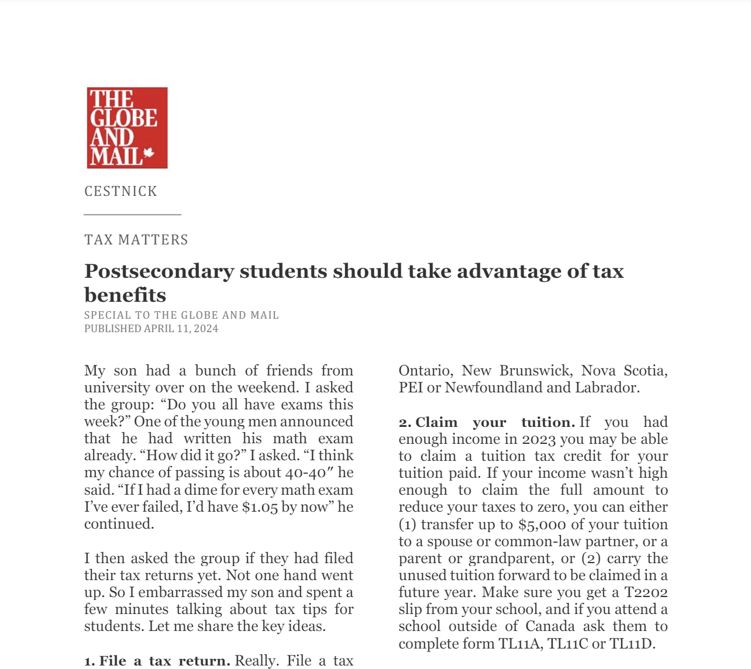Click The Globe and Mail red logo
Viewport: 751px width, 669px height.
click(127, 127)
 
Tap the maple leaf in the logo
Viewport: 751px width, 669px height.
click(149, 154)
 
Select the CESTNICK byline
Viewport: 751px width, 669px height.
click(120, 191)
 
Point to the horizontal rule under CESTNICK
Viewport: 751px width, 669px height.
click(132, 215)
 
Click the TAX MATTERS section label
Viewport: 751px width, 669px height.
click(136, 240)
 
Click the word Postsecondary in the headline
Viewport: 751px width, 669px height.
click(157, 271)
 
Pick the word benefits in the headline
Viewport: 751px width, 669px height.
click(125, 295)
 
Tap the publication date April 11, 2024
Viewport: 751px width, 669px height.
click(181, 329)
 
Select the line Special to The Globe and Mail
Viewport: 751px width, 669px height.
click(181, 315)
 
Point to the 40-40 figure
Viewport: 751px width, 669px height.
click(306, 473)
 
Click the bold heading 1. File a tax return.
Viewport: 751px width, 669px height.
click(157, 661)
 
